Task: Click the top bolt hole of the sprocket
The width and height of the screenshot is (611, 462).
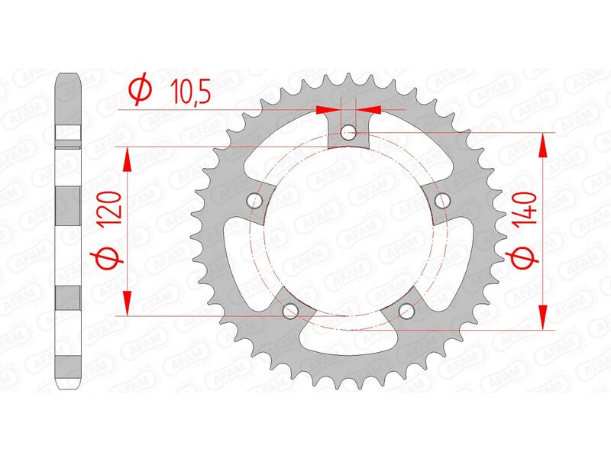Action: pyautogui.click(x=349, y=133)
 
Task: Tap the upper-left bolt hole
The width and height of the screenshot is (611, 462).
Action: pyautogui.click(x=255, y=200)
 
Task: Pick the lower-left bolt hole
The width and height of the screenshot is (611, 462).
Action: pyautogui.click(x=290, y=310)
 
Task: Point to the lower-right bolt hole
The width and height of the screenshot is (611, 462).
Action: pyautogui.click(x=406, y=310)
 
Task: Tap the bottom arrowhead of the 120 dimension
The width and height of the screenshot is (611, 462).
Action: pyautogui.click(x=128, y=304)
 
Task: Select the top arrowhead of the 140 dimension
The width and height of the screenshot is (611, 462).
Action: pyautogui.click(x=544, y=142)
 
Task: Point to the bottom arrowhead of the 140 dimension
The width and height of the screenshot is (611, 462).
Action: pyautogui.click(x=544, y=320)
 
